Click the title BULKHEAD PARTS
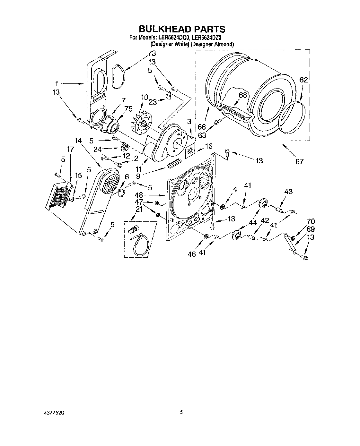(182, 29)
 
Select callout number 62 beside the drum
(303, 80)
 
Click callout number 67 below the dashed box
(299, 161)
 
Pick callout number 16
(208, 146)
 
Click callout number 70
(311, 221)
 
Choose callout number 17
(71, 149)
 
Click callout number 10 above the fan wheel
(144, 97)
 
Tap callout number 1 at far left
(57, 84)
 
